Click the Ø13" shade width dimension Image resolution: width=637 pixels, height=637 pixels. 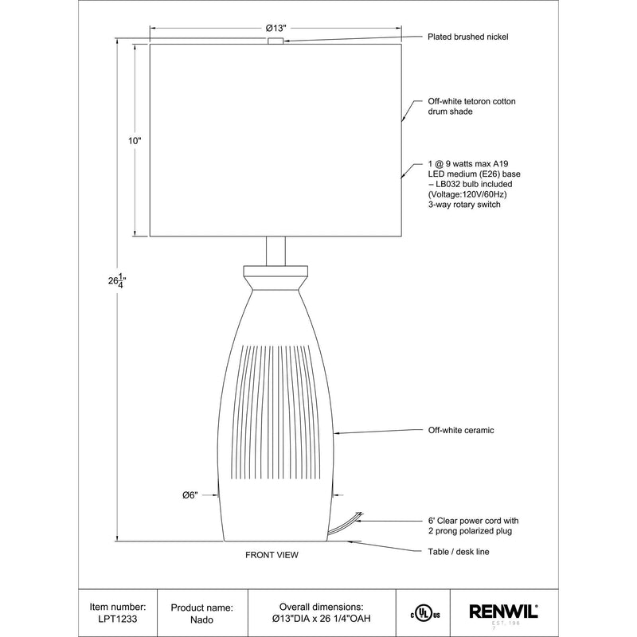pos(276,28)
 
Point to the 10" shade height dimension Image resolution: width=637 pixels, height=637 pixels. pos(135,141)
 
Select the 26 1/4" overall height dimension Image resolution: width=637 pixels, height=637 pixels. pos(117,281)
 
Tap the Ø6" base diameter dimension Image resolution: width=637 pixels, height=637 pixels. pos(190,495)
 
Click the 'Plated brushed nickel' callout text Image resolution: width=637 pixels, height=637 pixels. pos(467,37)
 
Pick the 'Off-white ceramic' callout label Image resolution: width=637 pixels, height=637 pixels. pos(461,430)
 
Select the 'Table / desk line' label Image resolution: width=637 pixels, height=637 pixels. pos(459,552)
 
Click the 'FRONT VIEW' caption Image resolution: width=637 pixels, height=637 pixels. pos(272,555)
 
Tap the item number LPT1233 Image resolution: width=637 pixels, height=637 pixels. pos(118,619)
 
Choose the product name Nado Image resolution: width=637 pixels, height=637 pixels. pos(202,620)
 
